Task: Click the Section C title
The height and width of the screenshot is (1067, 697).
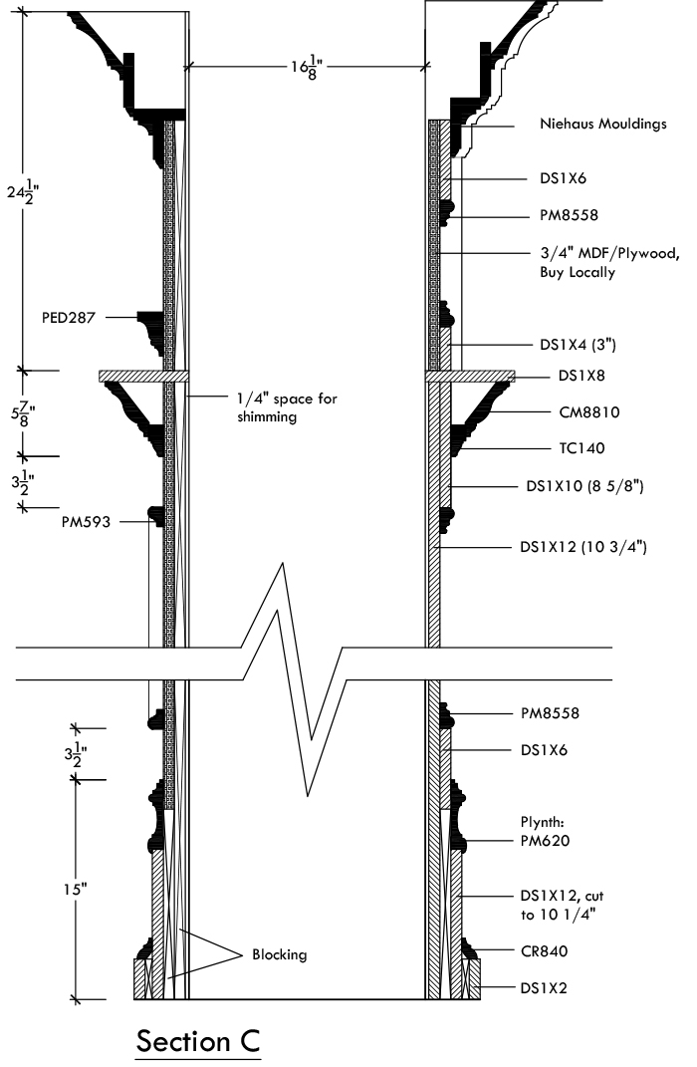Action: [198, 1042]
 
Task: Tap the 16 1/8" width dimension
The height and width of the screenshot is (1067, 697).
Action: [307, 67]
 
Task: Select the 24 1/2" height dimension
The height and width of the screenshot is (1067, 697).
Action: [23, 191]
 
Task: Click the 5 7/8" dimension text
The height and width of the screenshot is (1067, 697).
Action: [23, 413]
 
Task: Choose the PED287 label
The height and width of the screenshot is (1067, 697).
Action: [69, 317]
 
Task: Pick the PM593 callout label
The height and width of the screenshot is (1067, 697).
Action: [86, 522]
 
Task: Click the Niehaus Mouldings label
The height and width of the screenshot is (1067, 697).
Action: [603, 124]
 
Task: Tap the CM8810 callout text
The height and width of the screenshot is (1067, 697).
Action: [589, 411]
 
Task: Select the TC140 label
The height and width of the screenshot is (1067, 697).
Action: [581, 447]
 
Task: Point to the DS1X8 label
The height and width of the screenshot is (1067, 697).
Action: [581, 376]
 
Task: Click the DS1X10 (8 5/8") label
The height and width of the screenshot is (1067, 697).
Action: [584, 486]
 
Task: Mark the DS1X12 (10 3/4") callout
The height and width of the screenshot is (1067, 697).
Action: [583, 546]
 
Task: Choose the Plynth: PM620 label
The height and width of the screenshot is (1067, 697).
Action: [546, 831]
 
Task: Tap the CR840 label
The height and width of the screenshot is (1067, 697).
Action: [544, 951]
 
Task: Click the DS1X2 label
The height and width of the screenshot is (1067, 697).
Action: [544, 988]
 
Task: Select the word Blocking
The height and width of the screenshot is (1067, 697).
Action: [280, 954]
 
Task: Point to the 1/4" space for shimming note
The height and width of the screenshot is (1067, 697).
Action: [287, 406]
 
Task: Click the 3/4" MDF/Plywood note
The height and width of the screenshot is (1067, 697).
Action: [610, 263]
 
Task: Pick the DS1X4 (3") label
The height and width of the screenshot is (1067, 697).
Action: [578, 345]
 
